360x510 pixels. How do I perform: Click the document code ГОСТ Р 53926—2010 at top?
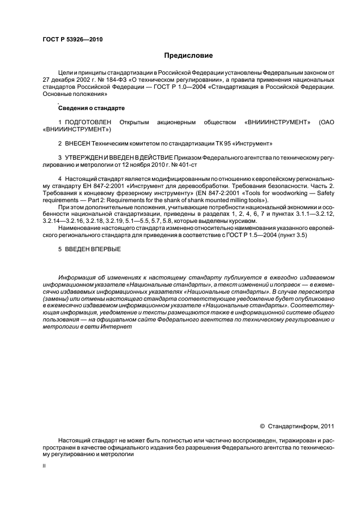pyautogui.click(x=72, y=40)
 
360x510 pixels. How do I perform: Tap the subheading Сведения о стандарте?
pyautogui.click(x=84, y=108)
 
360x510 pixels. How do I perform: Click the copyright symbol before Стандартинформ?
pyautogui.click(x=262, y=426)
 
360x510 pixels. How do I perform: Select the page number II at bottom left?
pyautogui.click(x=44, y=467)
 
